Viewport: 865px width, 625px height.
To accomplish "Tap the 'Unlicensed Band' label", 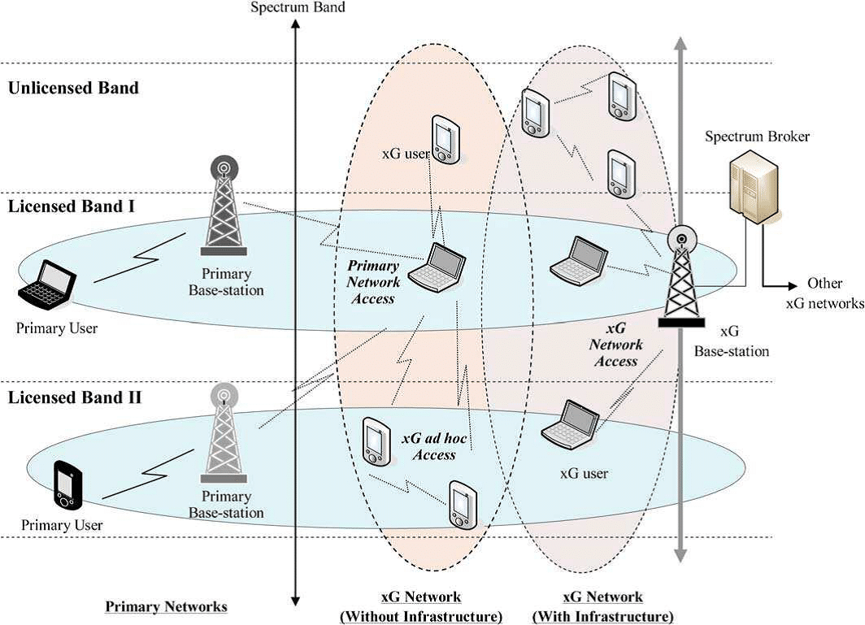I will pyautogui.click(x=73, y=88).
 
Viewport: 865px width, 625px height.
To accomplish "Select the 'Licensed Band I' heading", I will pyautogui.click(x=72, y=206).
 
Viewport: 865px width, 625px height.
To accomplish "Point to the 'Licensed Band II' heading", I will pyautogui.click(x=75, y=398).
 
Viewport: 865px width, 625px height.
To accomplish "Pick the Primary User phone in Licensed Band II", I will pyautogui.click(x=66, y=484).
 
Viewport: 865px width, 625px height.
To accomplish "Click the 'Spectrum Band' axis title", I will pyautogui.click(x=298, y=7).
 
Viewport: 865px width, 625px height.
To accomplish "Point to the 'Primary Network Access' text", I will pyautogui.click(x=374, y=282).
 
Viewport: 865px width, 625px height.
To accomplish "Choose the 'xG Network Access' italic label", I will pyautogui.click(x=615, y=345).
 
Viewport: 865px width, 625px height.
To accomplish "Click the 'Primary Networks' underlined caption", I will pyautogui.click(x=166, y=606).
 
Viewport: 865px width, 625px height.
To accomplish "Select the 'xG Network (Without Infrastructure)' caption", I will pyautogui.click(x=420, y=607).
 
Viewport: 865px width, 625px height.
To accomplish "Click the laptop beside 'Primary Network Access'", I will pyautogui.click(x=437, y=265).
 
